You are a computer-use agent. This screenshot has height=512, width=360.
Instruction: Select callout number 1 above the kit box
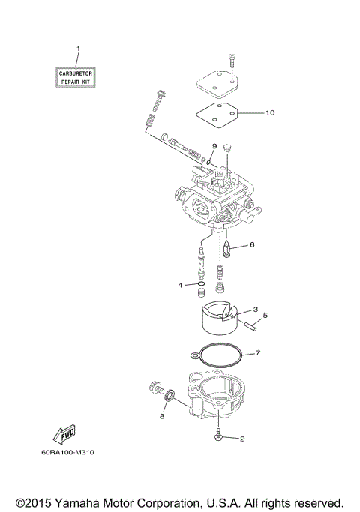pos(78,50)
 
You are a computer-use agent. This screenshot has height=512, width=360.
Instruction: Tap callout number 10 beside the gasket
pos(270,113)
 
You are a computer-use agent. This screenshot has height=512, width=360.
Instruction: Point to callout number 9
pos(214,146)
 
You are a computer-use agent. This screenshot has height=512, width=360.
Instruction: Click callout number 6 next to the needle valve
pos(252,244)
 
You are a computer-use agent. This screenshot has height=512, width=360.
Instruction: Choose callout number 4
pos(180,285)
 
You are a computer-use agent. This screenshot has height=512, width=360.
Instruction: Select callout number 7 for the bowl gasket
pos(256,352)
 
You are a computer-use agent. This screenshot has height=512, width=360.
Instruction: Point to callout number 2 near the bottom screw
pos(242,439)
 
